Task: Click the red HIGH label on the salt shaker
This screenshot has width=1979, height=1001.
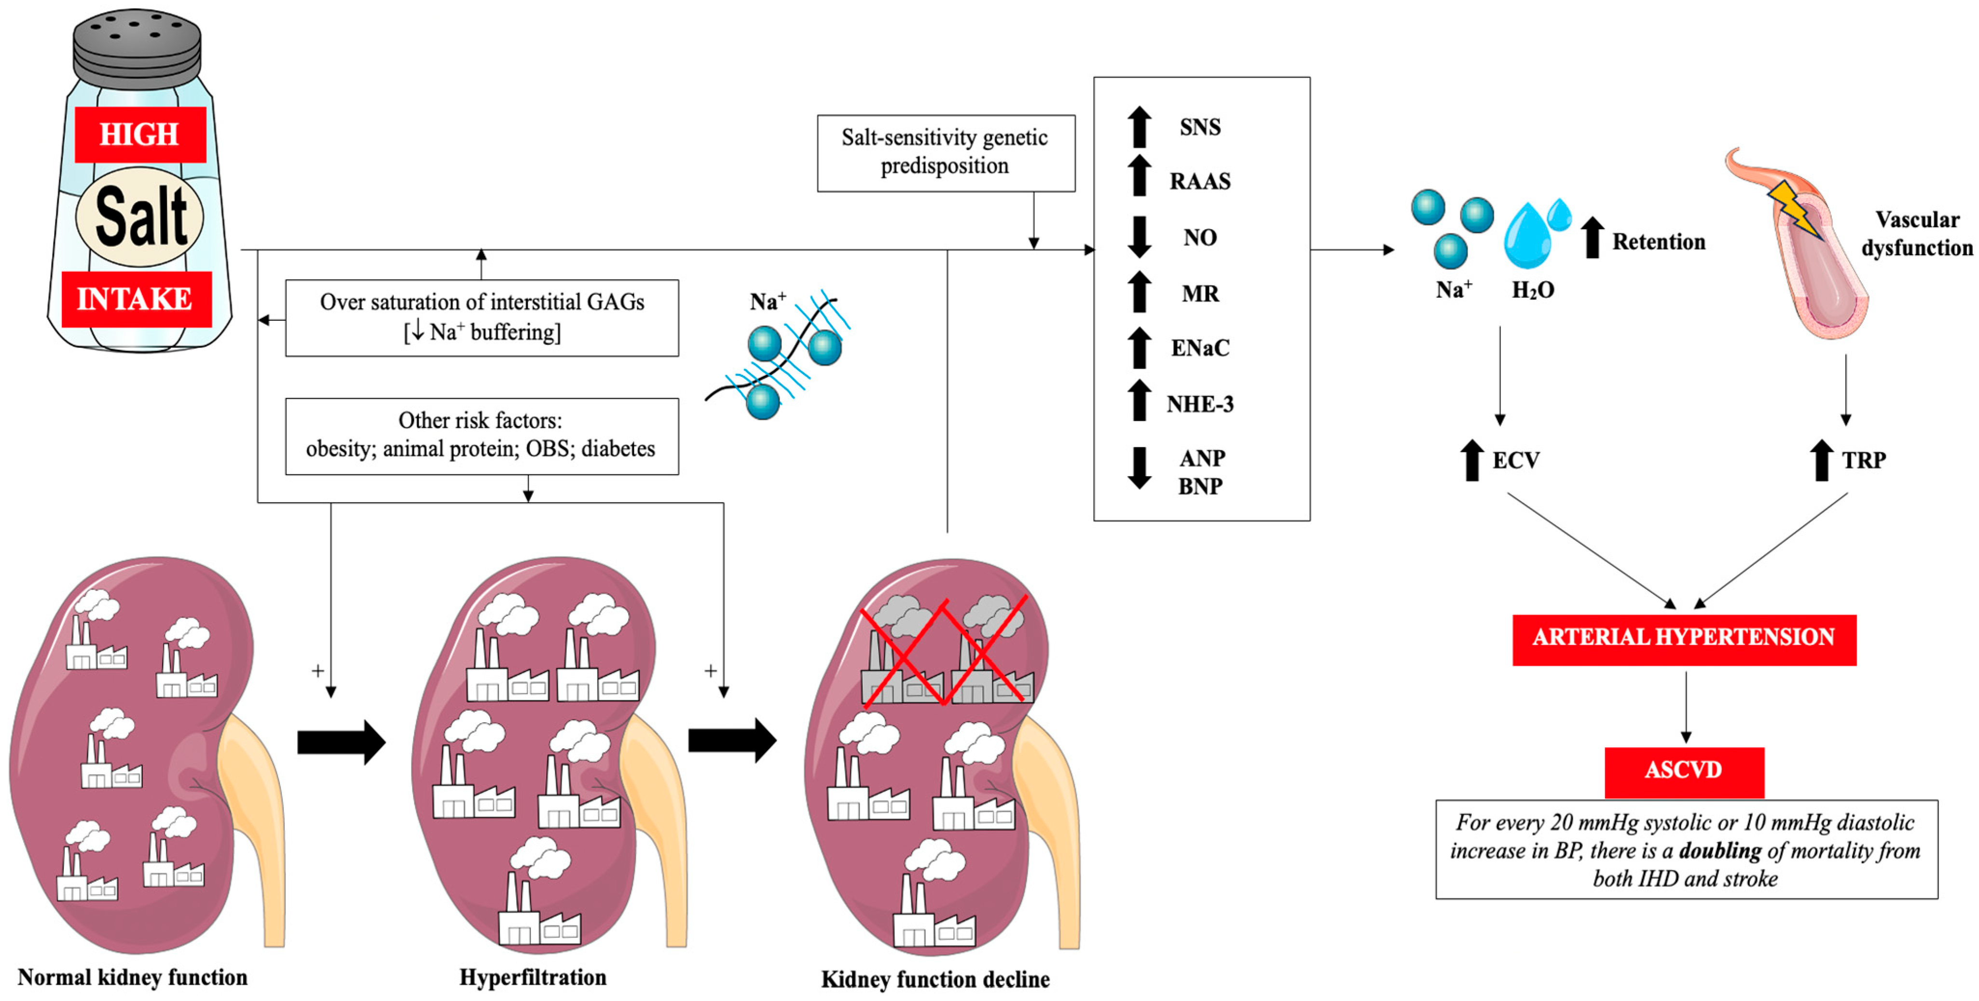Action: click(x=140, y=135)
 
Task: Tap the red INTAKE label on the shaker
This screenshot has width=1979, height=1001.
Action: click(x=136, y=299)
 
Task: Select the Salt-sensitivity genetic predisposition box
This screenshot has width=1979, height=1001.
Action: click(x=945, y=152)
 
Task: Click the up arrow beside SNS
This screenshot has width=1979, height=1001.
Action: click(x=1140, y=127)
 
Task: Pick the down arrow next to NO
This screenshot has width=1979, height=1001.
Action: click(x=1140, y=236)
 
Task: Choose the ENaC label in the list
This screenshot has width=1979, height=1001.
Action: click(x=1199, y=348)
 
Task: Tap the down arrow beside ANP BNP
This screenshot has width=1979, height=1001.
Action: click(x=1140, y=468)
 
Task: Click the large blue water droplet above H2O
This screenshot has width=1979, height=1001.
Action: click(x=1527, y=236)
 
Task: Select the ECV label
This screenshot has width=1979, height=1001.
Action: click(x=1515, y=460)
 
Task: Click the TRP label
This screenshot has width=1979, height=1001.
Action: click(x=1863, y=460)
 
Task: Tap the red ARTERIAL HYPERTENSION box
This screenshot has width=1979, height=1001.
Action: click(x=1683, y=638)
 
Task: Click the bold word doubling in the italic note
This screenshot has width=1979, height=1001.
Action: click(x=1719, y=850)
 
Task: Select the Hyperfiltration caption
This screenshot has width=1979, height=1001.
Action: click(x=533, y=977)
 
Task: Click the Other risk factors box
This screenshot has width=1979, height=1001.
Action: click(x=481, y=436)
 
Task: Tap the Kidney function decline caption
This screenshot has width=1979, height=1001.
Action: click(x=935, y=979)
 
